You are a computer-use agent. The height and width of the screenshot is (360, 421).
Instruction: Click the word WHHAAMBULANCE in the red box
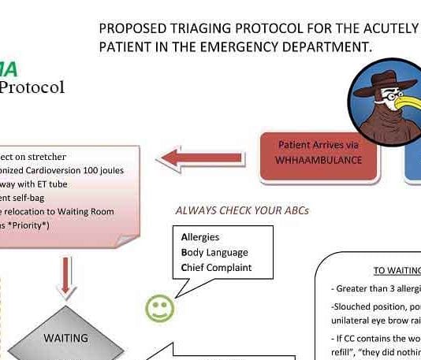point(319,160)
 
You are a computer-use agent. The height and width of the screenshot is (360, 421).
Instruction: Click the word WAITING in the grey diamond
point(65,337)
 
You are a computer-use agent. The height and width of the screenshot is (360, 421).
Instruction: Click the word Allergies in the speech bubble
point(200,237)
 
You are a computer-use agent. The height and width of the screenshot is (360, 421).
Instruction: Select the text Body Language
point(214,252)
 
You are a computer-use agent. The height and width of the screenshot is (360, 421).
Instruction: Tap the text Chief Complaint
point(216,267)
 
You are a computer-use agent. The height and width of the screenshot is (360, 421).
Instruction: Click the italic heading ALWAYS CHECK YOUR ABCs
point(241,210)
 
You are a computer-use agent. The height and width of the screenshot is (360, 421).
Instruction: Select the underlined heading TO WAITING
point(397,270)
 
